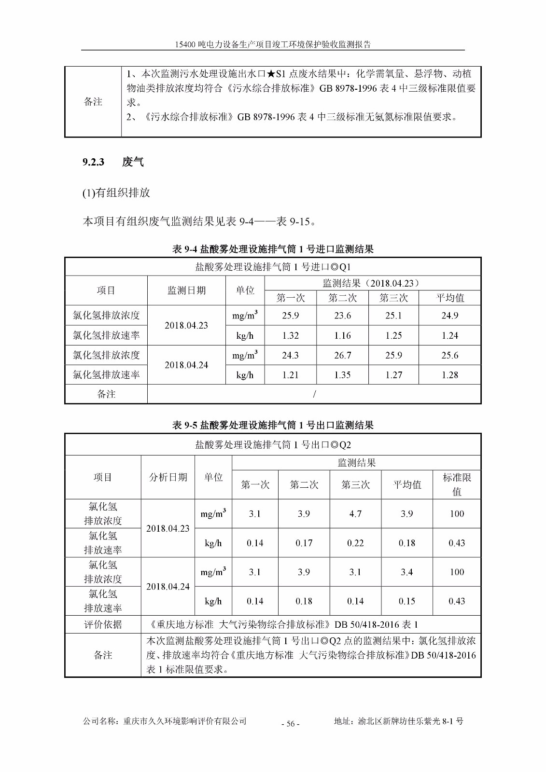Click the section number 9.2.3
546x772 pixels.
pyautogui.click(x=93, y=162)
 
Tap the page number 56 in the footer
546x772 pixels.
pyautogui.click(x=290, y=723)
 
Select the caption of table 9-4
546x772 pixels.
pyautogui.click(x=273, y=249)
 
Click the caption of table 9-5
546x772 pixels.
pyautogui.click(x=273, y=425)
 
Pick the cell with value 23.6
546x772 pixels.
pyautogui.click(x=342, y=316)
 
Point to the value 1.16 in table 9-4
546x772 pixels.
pyautogui.click(x=342, y=335)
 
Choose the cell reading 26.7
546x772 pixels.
pyautogui.click(x=342, y=355)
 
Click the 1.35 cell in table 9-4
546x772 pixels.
pyautogui.click(x=342, y=375)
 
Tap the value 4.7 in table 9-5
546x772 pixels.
pyautogui.click(x=355, y=514)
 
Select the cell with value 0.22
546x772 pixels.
pyautogui.click(x=355, y=543)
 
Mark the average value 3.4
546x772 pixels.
pyautogui.click(x=406, y=572)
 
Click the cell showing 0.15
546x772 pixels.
pyautogui.click(x=406, y=601)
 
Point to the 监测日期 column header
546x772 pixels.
pyautogui.click(x=186, y=290)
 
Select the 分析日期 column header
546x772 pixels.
pyautogui.click(x=168, y=477)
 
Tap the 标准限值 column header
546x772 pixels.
pyautogui.click(x=457, y=484)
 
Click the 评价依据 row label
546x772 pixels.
pyautogui.click(x=103, y=624)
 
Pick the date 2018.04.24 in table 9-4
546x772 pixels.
pyautogui.click(x=186, y=365)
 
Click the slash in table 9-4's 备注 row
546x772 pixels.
pyautogui.click(x=314, y=394)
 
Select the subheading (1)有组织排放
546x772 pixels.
pyautogui.click(x=116, y=193)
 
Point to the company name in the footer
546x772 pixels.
pyautogui.click(x=165, y=721)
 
